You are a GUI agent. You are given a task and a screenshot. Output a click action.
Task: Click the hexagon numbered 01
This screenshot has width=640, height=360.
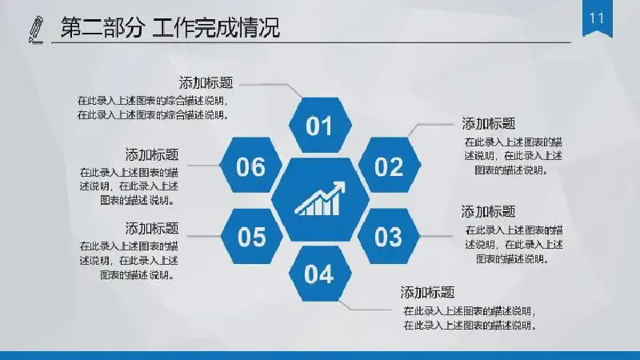point(320,125)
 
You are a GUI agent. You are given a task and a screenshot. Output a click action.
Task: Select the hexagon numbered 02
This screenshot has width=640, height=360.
point(389,165)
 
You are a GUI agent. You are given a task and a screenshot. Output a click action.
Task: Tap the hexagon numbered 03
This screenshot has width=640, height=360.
point(388,236)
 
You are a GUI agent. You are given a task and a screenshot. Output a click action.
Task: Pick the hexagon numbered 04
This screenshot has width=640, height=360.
point(320,274)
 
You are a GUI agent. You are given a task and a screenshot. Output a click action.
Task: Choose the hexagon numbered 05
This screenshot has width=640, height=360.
point(252,236)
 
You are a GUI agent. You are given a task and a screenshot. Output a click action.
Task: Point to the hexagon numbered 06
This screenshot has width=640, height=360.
point(251,165)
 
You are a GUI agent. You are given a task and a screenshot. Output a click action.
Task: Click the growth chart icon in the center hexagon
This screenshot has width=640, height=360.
point(320,198)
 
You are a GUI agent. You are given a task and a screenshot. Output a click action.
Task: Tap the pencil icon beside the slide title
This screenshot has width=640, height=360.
point(36,29)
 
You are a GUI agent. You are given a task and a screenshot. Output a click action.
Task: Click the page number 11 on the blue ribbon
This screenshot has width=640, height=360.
point(597,18)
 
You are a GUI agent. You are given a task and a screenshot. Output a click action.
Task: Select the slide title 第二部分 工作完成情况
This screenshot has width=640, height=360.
point(170,28)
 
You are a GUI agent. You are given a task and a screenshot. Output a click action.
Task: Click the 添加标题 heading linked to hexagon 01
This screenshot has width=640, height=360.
point(206,83)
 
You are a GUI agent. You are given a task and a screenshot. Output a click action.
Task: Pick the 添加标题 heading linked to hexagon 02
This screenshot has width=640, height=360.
point(489,123)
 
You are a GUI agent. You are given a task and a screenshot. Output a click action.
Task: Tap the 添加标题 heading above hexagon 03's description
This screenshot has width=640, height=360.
point(489,211)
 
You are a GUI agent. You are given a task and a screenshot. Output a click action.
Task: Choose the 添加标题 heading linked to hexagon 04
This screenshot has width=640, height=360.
point(427,292)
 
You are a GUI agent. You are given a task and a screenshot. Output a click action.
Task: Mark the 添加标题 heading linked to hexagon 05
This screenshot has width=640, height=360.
point(152,228)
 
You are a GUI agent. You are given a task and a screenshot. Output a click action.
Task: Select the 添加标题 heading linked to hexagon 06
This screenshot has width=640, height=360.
point(152,154)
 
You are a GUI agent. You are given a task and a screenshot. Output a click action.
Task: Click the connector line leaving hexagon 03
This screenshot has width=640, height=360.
point(436,236)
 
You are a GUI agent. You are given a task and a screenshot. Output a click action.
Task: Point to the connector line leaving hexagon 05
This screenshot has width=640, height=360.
point(204,236)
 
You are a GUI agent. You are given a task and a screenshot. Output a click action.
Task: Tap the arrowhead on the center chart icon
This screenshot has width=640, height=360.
point(338,187)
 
